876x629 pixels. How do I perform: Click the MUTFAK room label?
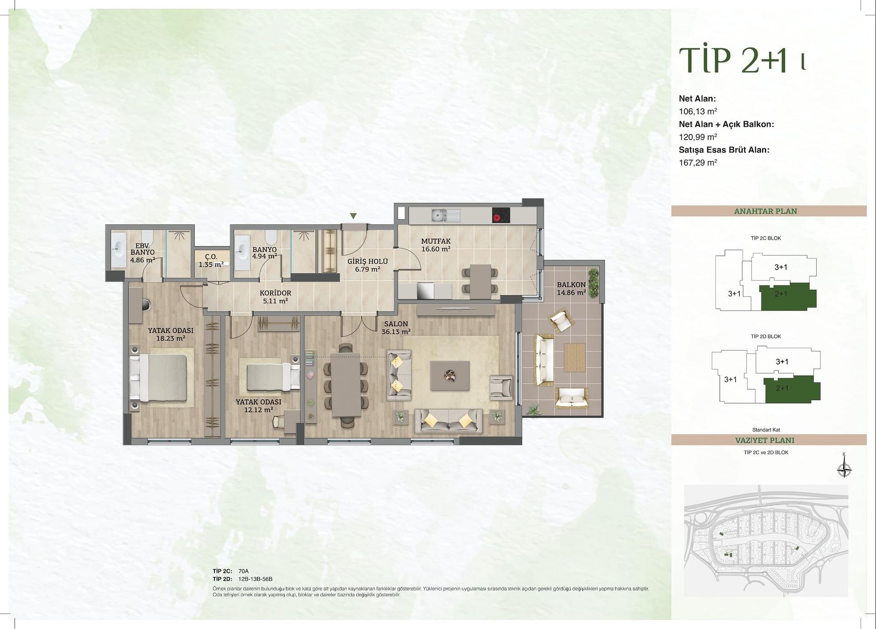pos(436,241)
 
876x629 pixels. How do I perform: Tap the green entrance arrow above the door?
pos(353,216)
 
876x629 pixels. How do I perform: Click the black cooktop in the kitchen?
pos(501,215)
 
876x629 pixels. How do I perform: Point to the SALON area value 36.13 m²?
pos(396,332)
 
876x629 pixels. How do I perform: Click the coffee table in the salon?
pos(450,375)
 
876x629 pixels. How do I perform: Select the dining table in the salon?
pos(346,384)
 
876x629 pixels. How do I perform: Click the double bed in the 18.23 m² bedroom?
pos(158,378)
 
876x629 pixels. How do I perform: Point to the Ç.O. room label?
pos(211,257)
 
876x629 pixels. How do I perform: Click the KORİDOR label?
pos(276,293)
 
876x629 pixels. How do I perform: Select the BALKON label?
pos(571,285)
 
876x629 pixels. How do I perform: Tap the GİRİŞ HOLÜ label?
pos(368,262)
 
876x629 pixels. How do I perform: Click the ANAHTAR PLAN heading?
pos(766,211)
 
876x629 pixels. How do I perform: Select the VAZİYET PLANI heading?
pos(765,440)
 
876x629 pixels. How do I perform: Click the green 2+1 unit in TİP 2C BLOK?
pos(787,296)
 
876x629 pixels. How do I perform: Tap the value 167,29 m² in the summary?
pos(698,162)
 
